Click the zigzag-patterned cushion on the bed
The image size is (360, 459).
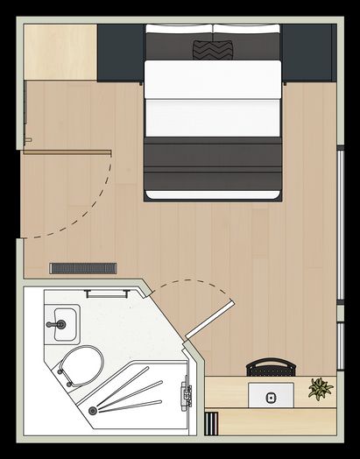(x=212, y=49)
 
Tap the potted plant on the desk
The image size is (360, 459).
(x=321, y=388)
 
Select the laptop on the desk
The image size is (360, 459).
(x=271, y=395)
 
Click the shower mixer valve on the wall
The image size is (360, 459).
(x=186, y=393)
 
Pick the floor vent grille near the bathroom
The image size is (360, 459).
(x=83, y=268)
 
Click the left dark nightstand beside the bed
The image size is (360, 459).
(x=120, y=53)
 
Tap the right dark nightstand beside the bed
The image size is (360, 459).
(x=307, y=53)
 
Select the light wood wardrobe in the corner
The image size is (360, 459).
(x=60, y=51)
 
